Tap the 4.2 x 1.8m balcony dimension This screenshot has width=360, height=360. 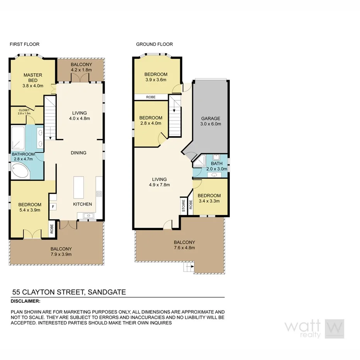click(81, 70)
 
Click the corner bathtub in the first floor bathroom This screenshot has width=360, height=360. click(19, 170)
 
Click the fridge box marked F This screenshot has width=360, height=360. click(53, 206)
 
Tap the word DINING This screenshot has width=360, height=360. click(78, 153)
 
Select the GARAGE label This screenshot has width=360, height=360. click(211, 119)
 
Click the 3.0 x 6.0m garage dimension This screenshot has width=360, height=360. click(211, 124)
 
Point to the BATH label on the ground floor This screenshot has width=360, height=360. click(217, 164)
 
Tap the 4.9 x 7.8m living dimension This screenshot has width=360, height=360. click(159, 185)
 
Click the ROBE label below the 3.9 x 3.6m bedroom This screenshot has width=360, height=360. click(151, 97)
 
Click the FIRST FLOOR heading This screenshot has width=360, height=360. click(25, 44)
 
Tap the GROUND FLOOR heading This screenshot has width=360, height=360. click(154, 44)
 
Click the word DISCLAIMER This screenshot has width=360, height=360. click(25, 301)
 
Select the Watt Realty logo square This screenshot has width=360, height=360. click(335, 329)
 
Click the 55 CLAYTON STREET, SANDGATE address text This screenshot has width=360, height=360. click(69, 292)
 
